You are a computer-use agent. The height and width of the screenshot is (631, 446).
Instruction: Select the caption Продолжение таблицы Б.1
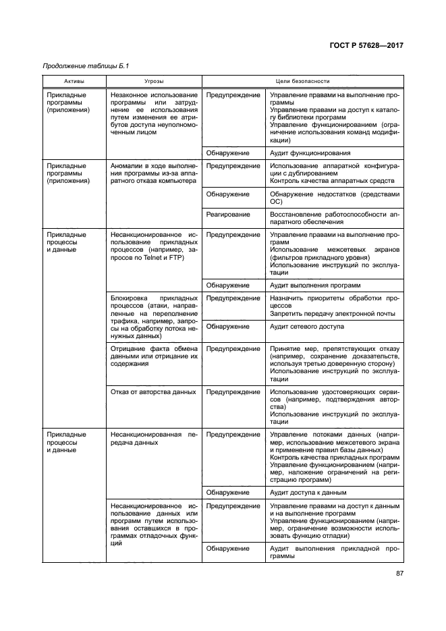tap(86, 66)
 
